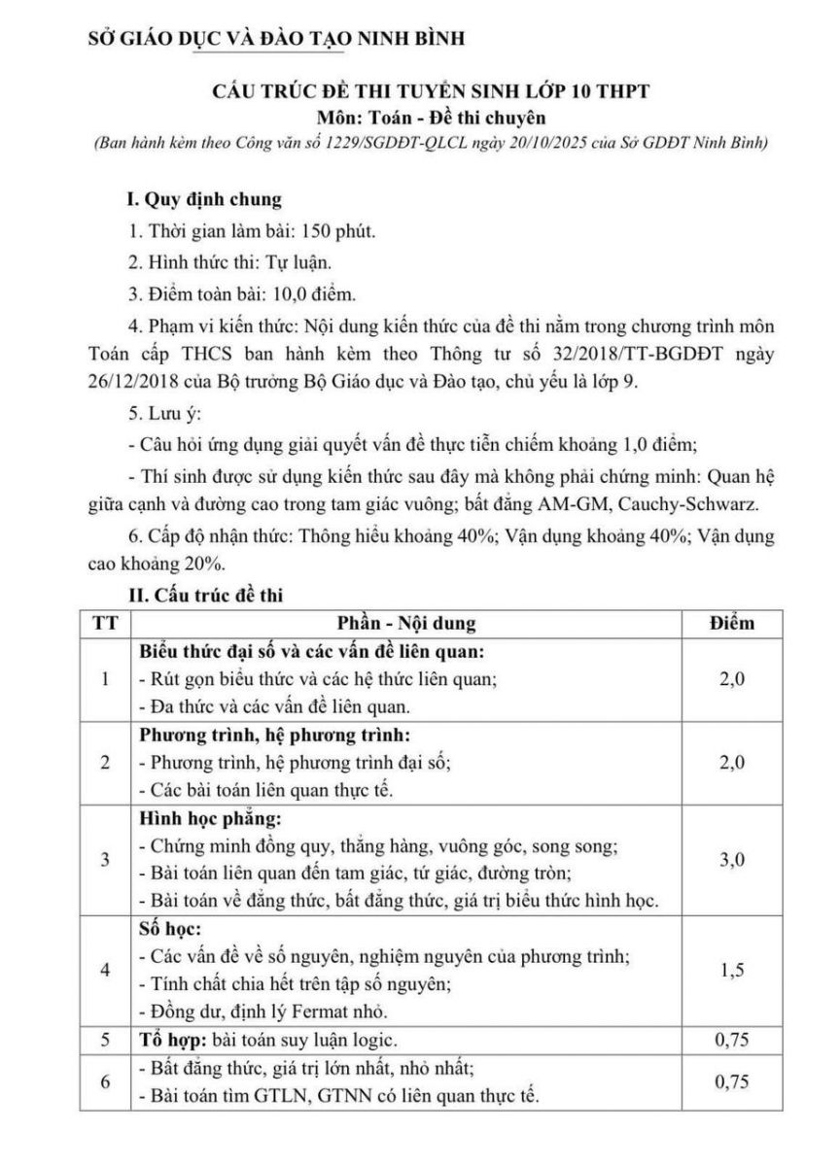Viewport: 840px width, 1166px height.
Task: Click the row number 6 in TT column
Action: point(105,1080)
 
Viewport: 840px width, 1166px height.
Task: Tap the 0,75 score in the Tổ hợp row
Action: point(730,1039)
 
